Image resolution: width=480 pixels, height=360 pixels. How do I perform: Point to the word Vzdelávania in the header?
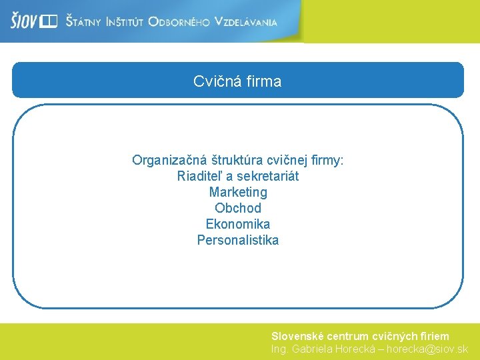pos(245,22)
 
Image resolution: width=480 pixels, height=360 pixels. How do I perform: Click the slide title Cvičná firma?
pos(237,81)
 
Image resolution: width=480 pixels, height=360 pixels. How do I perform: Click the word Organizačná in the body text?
pos(169,161)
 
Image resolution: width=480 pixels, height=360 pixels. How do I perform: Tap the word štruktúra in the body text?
pos(237,161)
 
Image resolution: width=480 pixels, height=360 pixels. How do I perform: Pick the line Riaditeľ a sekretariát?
pos(238,177)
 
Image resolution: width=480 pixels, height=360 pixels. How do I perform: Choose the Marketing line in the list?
pos(238,193)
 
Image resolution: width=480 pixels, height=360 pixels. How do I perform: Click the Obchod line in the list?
pos(238,209)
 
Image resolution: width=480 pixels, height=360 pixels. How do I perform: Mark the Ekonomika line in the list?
pos(238,225)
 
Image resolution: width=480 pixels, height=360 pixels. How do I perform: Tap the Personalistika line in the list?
pos(238,241)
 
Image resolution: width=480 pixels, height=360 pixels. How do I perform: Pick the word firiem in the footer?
pos(434,337)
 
